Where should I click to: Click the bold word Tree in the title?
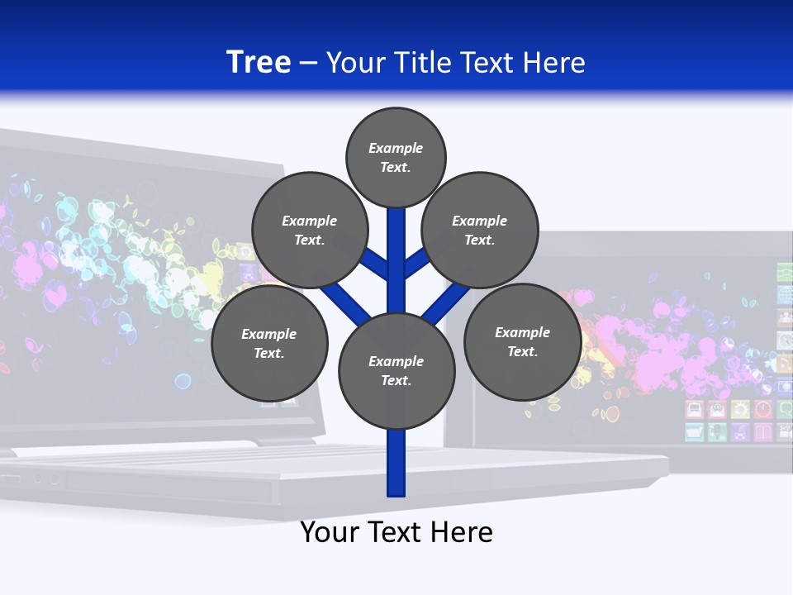click(259, 62)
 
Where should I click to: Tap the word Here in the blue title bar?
click(554, 62)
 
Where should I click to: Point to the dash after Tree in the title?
click(308, 63)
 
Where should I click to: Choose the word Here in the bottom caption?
click(463, 531)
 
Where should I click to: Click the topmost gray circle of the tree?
click(396, 157)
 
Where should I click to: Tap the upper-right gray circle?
click(479, 230)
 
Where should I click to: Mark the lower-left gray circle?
click(269, 343)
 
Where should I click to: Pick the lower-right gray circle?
click(522, 341)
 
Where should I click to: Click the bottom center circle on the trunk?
click(396, 370)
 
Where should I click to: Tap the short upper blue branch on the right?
click(417, 263)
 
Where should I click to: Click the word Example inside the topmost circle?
click(396, 148)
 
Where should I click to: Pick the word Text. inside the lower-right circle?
click(522, 351)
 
